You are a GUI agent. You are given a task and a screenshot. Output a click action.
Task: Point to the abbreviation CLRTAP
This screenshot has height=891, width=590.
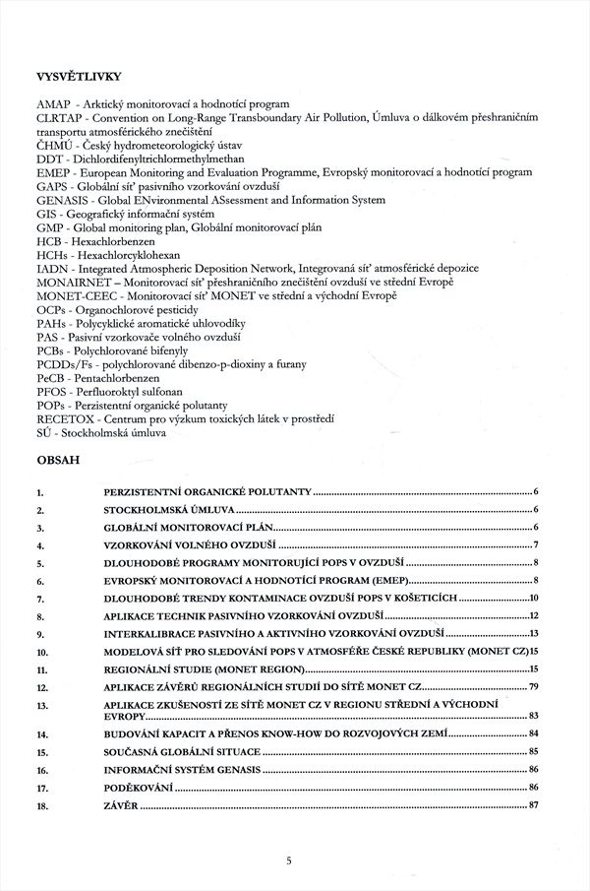(58, 117)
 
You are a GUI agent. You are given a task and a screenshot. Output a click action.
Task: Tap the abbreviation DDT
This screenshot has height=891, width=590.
(48, 159)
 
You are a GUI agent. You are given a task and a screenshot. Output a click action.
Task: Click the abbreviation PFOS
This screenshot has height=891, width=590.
(50, 391)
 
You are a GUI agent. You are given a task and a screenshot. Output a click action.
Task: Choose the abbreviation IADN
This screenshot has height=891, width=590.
(50, 268)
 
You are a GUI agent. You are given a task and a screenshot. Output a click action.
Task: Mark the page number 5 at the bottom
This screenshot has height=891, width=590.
(289, 860)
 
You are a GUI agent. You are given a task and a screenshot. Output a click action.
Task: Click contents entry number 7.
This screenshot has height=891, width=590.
(39, 598)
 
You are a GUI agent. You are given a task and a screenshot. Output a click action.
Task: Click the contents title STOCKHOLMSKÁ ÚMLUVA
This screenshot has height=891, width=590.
(169, 511)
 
